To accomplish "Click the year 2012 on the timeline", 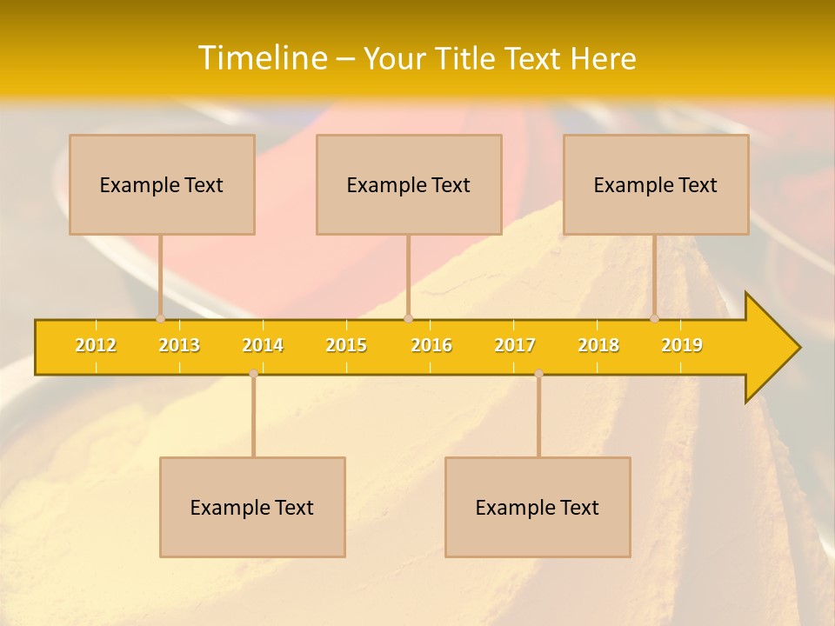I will click(x=96, y=345).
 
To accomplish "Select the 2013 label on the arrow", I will click(x=179, y=345).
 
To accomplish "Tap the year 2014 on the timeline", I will click(x=263, y=345).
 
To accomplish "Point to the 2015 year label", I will click(x=346, y=345).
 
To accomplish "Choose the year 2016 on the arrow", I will click(x=431, y=345).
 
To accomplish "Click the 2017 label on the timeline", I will click(x=515, y=345).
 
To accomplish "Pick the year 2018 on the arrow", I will click(x=598, y=345).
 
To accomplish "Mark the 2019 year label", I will click(x=682, y=345).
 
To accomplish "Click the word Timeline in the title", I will click(x=262, y=58).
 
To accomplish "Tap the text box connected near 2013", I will click(x=162, y=184).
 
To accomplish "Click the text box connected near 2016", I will click(x=409, y=184).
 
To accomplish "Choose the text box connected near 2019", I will click(x=656, y=184).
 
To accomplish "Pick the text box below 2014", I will click(x=252, y=507).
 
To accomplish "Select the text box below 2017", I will click(x=538, y=507).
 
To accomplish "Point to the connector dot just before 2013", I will click(x=160, y=319).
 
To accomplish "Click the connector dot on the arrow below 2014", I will click(x=253, y=373).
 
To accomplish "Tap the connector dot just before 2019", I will click(x=655, y=319).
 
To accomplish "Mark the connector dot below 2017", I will click(x=538, y=373).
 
